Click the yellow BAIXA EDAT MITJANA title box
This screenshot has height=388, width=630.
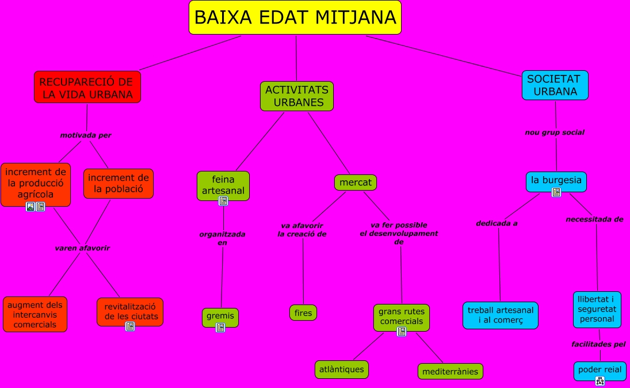coord(295,17)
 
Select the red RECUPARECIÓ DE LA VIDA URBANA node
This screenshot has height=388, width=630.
coord(87,87)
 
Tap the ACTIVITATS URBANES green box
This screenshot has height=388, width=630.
coord(297,96)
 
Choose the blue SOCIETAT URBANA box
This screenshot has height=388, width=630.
coord(555,85)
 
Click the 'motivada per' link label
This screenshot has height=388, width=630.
coord(86,135)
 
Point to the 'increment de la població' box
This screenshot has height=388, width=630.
coord(119,183)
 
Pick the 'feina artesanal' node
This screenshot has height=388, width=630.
coord(223,185)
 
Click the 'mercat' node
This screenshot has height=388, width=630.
coord(356,182)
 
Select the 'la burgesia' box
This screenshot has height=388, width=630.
coord(556,180)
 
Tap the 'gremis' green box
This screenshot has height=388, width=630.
coord(220,316)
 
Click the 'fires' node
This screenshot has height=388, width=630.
coord(303,313)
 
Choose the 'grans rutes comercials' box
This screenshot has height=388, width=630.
coord(402,316)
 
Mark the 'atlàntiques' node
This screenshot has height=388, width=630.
coord(342,369)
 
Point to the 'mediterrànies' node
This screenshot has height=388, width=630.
coord(450,371)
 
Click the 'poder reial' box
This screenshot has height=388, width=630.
coord(600,370)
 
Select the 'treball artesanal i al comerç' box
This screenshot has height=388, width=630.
coord(500,315)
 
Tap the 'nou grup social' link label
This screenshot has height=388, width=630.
coord(555,132)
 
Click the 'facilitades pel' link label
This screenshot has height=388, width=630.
coord(598,344)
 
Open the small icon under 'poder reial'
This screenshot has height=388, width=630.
coord(600,380)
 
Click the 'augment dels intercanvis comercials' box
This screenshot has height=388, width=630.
coord(35,314)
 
